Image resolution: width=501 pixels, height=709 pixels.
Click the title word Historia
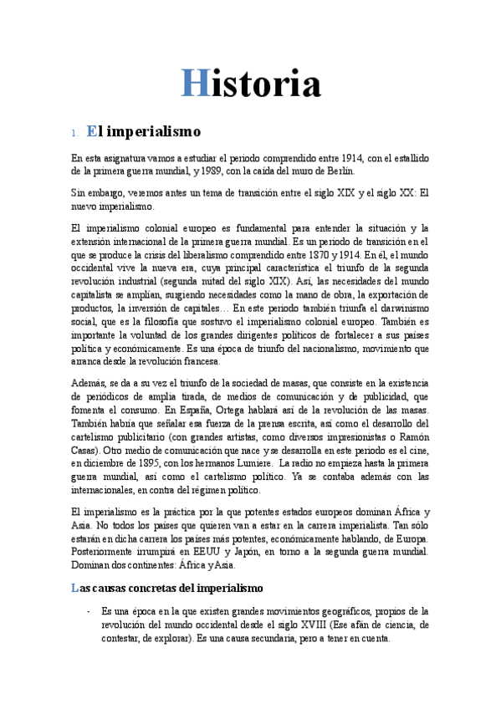pyautogui.click(x=250, y=84)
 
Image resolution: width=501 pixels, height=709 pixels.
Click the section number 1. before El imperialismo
pyautogui.click(x=74, y=133)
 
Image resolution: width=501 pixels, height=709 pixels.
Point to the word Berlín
pyautogui.click(x=339, y=170)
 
